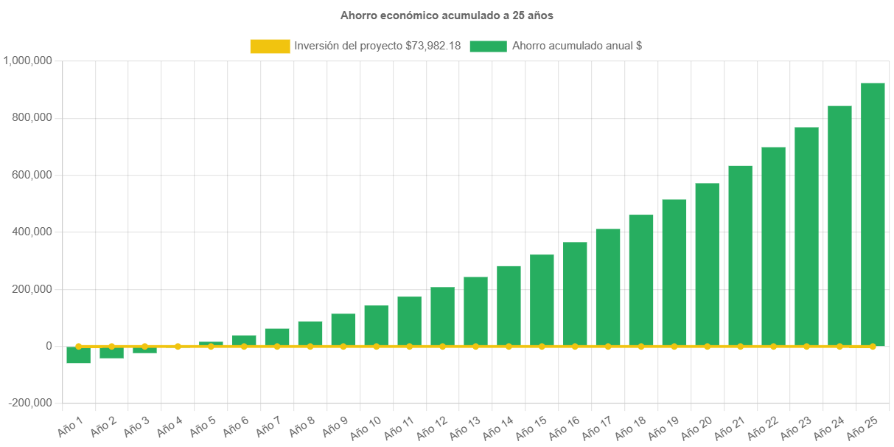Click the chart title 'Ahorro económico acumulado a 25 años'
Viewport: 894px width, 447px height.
(447, 15)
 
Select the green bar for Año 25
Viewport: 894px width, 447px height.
(873, 214)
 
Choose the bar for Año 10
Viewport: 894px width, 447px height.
(376, 325)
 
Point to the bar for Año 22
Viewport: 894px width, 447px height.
(773, 246)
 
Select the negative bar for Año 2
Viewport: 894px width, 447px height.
(111, 353)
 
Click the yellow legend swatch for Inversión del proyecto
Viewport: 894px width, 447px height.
(270, 46)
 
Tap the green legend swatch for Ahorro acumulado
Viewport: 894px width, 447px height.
(488, 46)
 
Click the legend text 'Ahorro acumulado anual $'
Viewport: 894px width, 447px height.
(576, 46)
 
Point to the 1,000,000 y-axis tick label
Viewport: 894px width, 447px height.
(27, 60)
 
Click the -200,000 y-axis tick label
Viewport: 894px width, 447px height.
(31, 403)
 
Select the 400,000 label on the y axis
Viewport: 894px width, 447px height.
(32, 232)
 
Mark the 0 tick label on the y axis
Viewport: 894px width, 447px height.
(49, 346)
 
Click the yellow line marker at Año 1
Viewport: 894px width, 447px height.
(78, 346)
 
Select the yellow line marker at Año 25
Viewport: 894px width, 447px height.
(873, 346)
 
